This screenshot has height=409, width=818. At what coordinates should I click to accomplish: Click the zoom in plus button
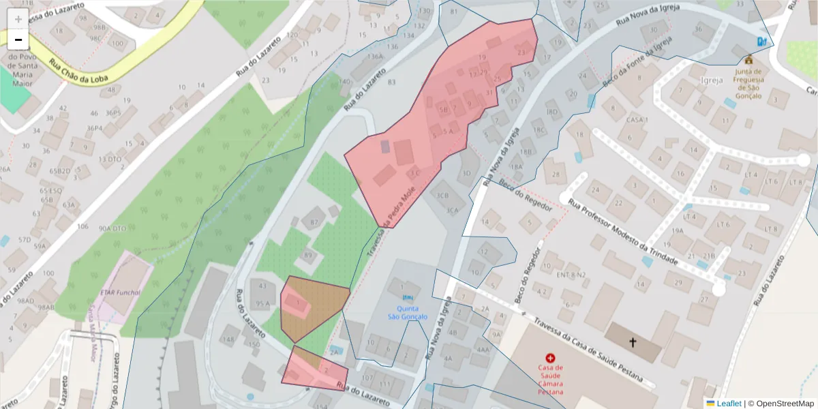(18, 19)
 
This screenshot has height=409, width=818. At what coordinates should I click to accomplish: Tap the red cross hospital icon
(551, 358)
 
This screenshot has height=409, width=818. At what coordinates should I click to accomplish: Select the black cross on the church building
(633, 342)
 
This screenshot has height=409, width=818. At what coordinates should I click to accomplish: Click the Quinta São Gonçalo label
(408, 312)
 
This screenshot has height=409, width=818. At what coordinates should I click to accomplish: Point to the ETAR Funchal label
(120, 292)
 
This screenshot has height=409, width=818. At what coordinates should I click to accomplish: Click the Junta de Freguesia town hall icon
(748, 59)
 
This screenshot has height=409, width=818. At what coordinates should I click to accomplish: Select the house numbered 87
(314, 222)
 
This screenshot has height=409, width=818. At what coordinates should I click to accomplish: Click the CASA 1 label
(635, 120)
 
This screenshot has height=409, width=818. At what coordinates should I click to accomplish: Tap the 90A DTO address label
(112, 228)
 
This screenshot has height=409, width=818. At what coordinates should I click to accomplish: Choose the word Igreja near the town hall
(711, 80)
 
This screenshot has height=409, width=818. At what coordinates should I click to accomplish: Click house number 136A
(374, 57)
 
